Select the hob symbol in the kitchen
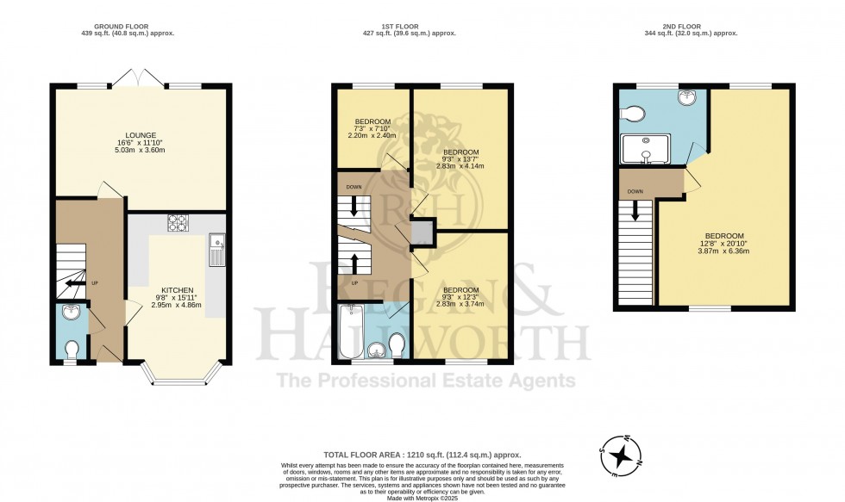click(178, 224)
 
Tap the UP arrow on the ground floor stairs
click(76, 282)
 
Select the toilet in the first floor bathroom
click(397, 344)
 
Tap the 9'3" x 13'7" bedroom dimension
click(460, 161)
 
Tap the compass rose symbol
click(622, 451)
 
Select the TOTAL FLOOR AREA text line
click(422, 454)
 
